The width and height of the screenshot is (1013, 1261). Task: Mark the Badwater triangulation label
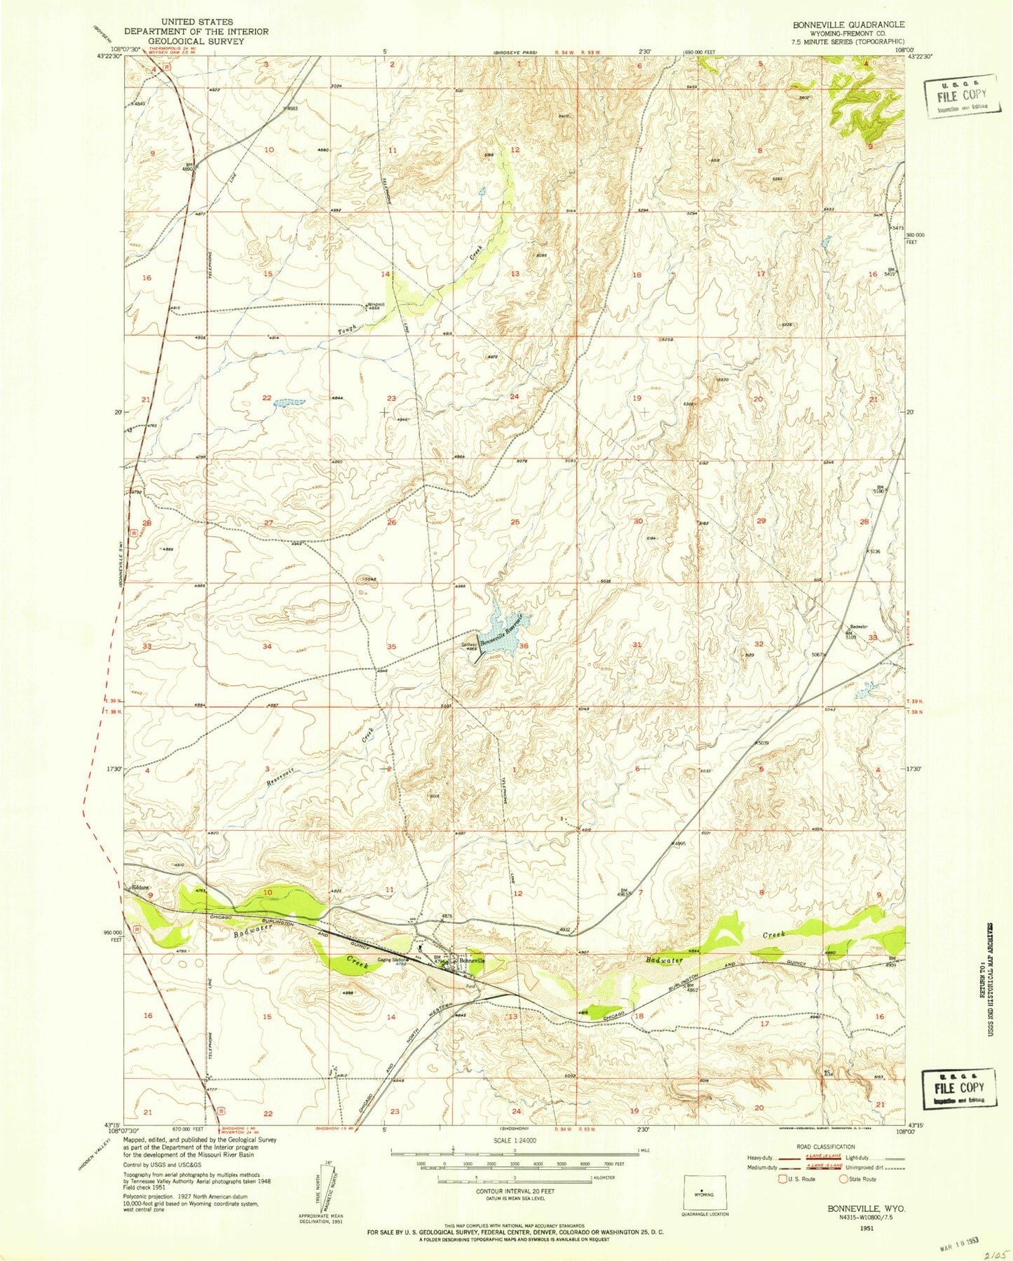(859, 627)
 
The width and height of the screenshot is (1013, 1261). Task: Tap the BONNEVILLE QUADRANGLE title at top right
(848, 25)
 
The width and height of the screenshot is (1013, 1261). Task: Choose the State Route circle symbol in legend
(844, 1178)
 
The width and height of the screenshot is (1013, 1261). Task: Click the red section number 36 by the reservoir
(523, 646)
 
